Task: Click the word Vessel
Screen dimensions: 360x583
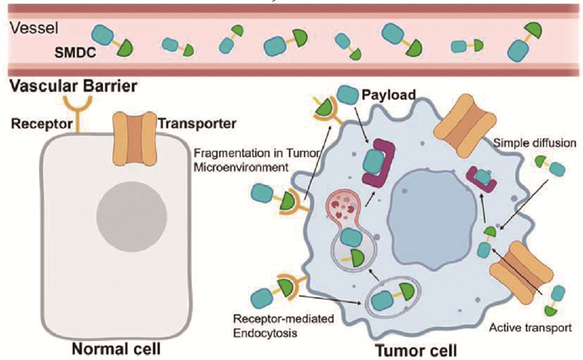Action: tap(30, 27)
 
